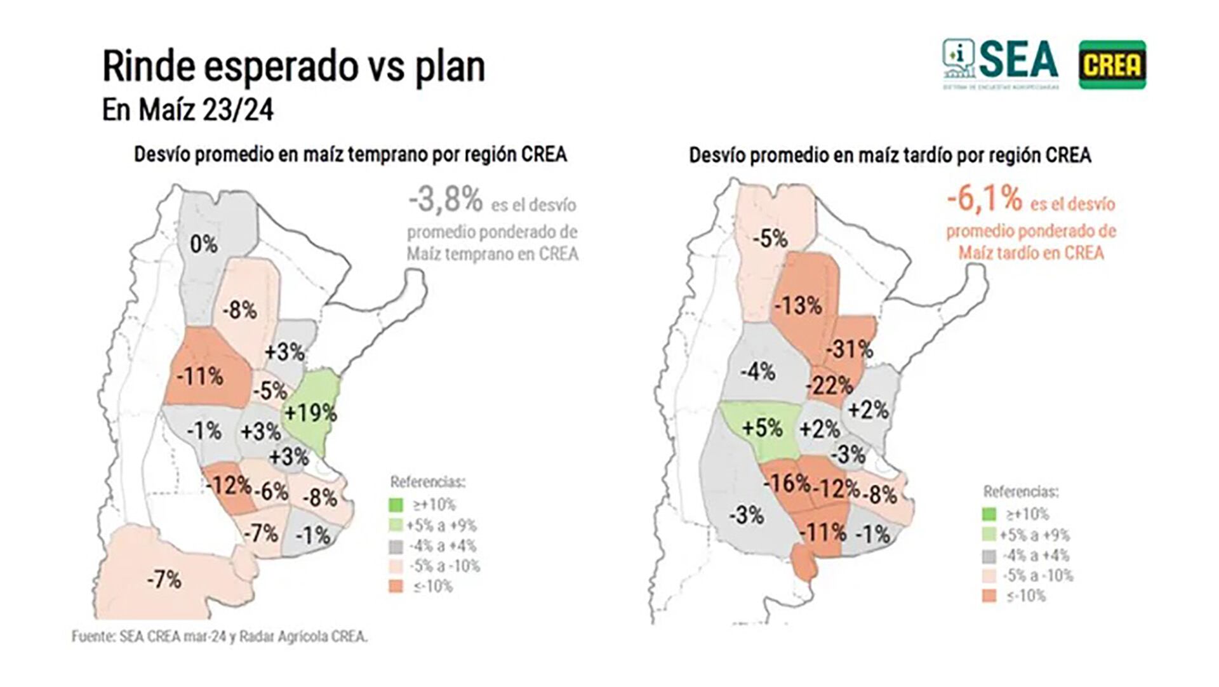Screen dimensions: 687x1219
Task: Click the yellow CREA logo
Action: [1112, 65]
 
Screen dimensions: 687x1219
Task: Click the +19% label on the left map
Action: [310, 413]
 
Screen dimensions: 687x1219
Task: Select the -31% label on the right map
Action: [849, 349]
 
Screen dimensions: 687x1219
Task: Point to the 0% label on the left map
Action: [204, 244]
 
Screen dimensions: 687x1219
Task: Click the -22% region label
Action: [829, 385]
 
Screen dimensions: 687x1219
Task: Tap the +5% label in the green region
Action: [762, 428]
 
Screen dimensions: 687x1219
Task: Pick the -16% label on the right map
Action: [787, 484]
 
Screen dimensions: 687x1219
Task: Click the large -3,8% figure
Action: [446, 199]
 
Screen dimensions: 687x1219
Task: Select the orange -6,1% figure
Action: [984, 199]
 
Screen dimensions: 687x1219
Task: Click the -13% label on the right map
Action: [798, 305]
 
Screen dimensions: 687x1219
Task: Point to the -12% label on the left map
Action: [229, 486]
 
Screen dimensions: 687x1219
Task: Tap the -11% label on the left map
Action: [200, 377]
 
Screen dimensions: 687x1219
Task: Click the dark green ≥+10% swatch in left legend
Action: [396, 505]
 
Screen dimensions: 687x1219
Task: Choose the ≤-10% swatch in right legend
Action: [989, 596]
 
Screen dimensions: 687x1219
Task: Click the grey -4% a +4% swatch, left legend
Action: [396, 546]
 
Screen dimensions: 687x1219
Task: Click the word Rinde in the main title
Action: [148, 67]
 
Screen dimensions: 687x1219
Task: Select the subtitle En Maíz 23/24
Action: [188, 110]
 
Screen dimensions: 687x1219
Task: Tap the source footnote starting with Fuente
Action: [219, 636]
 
